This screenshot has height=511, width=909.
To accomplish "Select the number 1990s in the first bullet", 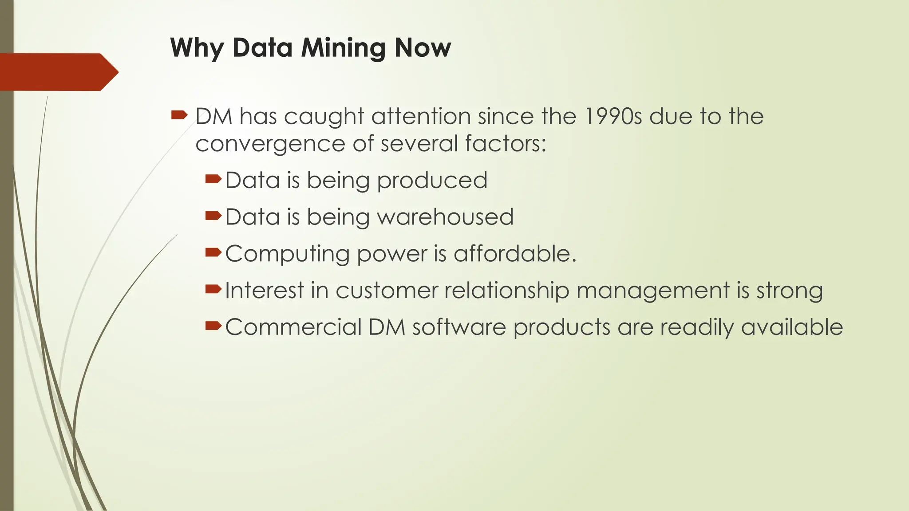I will point(613,117).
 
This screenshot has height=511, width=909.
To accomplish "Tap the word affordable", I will point(514,254).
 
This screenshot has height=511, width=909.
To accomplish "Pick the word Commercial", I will point(293,327).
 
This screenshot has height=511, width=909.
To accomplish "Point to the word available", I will point(792,327).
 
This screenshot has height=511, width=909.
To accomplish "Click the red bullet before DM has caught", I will point(179,116).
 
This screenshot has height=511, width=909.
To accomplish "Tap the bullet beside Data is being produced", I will point(213,179).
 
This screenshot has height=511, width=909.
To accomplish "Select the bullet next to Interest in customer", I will point(213,290).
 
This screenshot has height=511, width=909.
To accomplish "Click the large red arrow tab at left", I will point(58,72).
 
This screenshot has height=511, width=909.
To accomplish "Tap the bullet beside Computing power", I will point(213,253).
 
